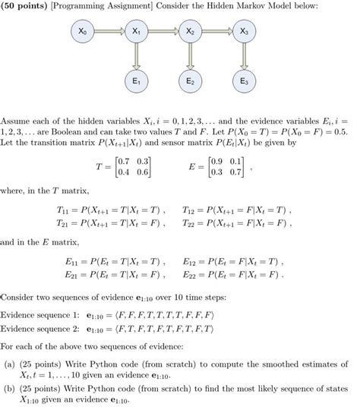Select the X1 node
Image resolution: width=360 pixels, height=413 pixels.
click(136, 33)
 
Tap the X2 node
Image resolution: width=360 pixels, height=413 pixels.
click(190, 33)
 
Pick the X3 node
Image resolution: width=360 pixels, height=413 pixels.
click(243, 33)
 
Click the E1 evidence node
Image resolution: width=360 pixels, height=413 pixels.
click(136, 80)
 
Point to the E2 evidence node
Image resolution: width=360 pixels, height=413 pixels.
click(190, 80)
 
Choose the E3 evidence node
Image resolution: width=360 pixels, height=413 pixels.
click(243, 80)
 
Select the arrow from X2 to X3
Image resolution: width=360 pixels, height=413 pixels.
click(216, 33)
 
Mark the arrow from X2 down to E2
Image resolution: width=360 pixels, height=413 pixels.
click(190, 56)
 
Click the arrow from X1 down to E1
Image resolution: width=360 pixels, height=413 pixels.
click(136, 56)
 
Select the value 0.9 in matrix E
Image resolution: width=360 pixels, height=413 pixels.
click(224, 162)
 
